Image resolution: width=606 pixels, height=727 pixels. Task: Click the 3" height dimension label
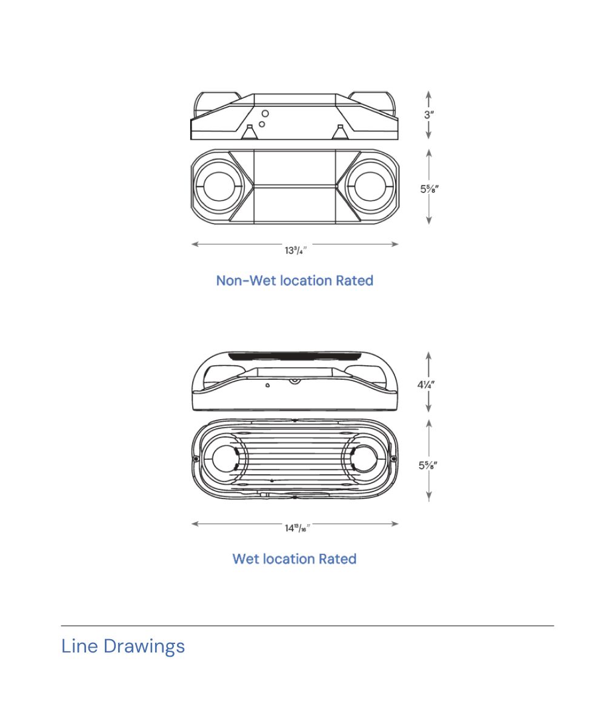[429, 115]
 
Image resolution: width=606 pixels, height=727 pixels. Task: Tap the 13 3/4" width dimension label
[296, 250]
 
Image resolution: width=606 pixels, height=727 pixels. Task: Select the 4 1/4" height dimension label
[427, 384]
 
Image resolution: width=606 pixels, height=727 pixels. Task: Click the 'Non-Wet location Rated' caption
[295, 281]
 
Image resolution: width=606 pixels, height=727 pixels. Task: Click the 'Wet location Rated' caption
[295, 559]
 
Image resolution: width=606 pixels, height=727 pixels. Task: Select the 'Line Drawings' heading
[123, 646]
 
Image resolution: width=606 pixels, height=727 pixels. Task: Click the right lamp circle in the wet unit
[366, 459]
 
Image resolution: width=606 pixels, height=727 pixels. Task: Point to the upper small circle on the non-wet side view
[265, 113]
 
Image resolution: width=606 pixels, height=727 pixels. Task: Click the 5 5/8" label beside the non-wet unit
[429, 188]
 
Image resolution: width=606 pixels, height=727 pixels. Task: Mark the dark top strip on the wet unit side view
[295, 356]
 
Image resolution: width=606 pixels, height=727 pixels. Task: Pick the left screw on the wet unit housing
[196, 459]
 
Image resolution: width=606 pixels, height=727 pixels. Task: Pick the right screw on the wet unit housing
[394, 459]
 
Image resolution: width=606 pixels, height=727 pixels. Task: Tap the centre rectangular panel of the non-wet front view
[295, 186]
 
